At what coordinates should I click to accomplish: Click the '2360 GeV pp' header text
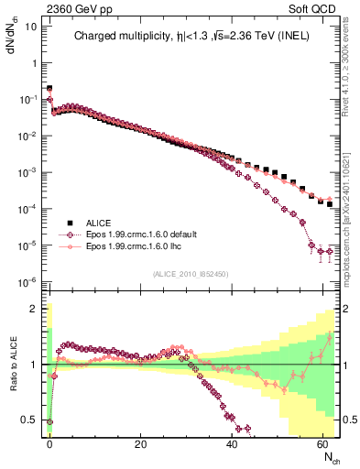click(77, 7)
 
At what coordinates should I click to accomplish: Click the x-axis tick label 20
click(140, 444)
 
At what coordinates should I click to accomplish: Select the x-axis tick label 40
click(231, 444)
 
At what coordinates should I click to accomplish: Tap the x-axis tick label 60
click(322, 444)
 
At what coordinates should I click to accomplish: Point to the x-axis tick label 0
click(49, 444)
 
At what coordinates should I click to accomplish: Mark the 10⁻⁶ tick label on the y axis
click(30, 281)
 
